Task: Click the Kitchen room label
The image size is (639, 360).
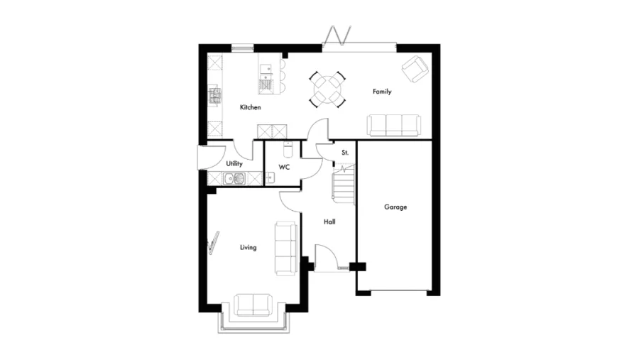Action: pyautogui.click(x=250, y=107)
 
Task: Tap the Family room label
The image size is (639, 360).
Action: pyautogui.click(x=382, y=92)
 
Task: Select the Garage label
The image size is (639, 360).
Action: pyautogui.click(x=395, y=207)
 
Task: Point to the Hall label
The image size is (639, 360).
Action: pyautogui.click(x=329, y=222)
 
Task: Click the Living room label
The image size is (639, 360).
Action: pyautogui.click(x=248, y=247)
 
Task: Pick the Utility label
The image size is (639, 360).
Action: pyautogui.click(x=234, y=164)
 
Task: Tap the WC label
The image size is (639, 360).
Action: pyautogui.click(x=284, y=168)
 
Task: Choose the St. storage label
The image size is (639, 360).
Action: pyautogui.click(x=345, y=153)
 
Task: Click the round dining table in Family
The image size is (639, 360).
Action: pyautogui.click(x=328, y=89)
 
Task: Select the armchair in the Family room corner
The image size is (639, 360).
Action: pyautogui.click(x=415, y=70)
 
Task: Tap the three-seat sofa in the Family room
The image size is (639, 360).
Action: pyautogui.click(x=393, y=125)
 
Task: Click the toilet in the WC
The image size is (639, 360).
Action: pyautogui.click(x=287, y=150)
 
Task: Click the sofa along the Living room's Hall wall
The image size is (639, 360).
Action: pyautogui.click(x=285, y=247)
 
